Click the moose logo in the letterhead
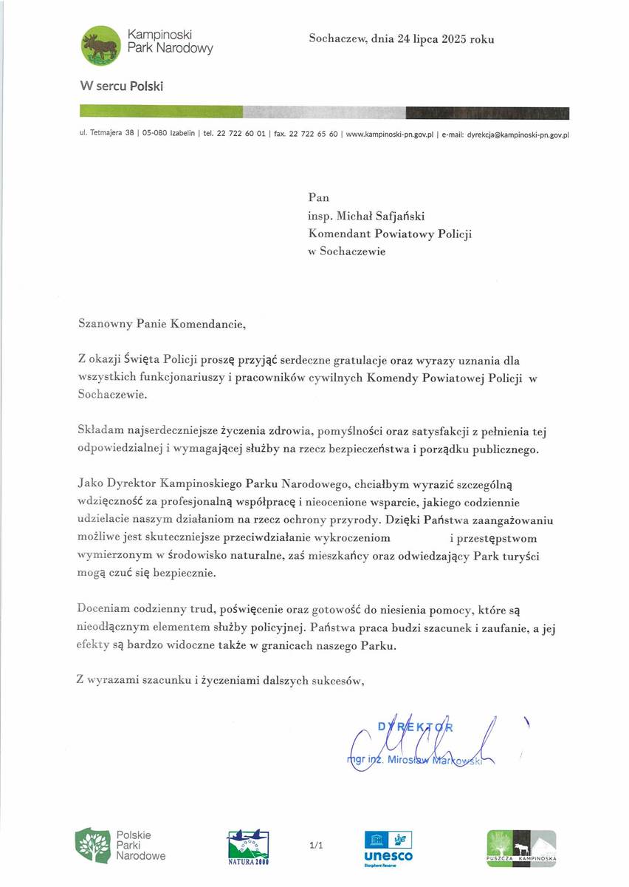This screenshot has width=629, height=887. [100, 44]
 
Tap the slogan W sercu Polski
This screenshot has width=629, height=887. [122, 86]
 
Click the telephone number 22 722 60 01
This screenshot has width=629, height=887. [241, 135]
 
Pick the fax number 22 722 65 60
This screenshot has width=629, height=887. [314, 135]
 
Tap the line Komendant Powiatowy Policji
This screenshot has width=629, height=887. [390, 233]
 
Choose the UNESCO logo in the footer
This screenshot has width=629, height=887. [388, 847]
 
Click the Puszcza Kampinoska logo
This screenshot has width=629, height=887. [520, 849]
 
